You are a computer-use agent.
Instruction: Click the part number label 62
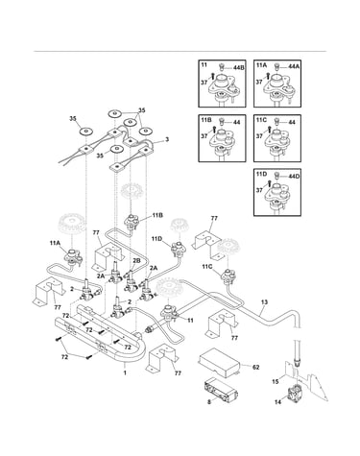click(255, 367)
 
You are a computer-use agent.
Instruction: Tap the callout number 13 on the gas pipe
click(264, 301)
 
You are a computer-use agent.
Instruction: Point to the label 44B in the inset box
click(239, 68)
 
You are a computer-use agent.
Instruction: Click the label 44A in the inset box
click(294, 66)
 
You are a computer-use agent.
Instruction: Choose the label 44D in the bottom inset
click(294, 176)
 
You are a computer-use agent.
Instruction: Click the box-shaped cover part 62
click(220, 362)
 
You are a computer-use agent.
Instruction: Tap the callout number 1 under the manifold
click(125, 372)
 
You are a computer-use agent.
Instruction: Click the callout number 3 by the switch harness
click(167, 139)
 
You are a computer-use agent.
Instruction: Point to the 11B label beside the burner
click(157, 215)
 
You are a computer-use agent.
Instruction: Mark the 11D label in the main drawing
click(157, 239)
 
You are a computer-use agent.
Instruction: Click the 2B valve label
click(136, 261)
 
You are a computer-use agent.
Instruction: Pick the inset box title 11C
click(261, 120)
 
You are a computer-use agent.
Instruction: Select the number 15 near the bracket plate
click(276, 381)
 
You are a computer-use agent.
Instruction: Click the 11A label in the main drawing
click(55, 243)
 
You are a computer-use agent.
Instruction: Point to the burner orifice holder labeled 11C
click(227, 276)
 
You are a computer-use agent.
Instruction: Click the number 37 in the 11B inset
click(204, 136)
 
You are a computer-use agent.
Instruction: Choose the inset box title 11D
click(261, 174)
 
